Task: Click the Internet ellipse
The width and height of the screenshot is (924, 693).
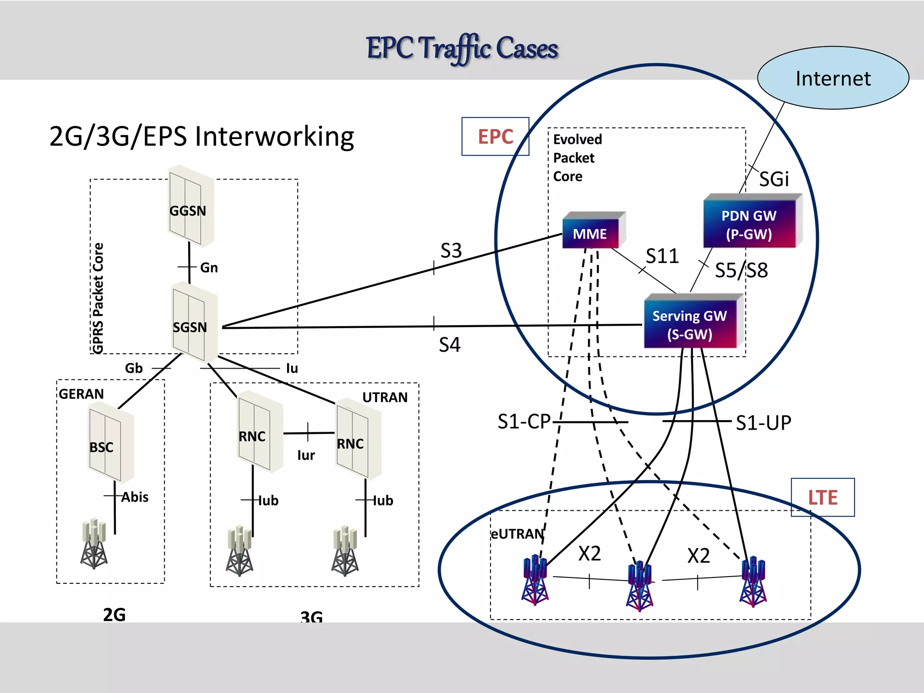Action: tap(832, 78)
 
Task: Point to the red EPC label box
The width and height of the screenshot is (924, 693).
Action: tap(495, 136)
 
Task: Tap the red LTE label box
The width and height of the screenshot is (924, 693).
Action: tap(822, 497)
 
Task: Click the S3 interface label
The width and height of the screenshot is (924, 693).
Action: tap(451, 250)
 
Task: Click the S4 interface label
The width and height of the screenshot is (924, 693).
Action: tap(449, 345)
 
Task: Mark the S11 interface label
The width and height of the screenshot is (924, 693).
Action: tap(662, 256)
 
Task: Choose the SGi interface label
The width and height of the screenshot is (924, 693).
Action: tap(774, 179)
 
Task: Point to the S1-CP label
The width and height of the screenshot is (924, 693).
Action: tap(523, 421)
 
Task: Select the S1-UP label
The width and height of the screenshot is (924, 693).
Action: tap(763, 423)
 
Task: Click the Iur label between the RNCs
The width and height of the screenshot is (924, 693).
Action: tap(305, 455)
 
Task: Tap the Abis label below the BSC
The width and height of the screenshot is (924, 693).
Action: tap(134, 497)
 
